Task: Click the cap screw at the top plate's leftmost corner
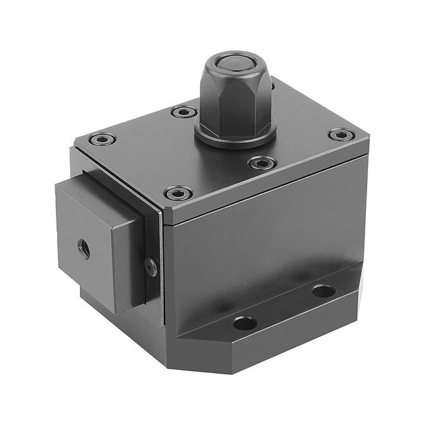[103, 138]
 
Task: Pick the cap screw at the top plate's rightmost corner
[341, 135]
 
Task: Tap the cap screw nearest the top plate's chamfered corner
[178, 193]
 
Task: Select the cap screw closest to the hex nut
[262, 162]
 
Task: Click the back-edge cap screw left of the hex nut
[184, 112]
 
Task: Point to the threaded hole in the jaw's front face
[84, 248]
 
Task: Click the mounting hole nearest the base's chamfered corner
[244, 322]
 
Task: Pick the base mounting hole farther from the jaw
[323, 290]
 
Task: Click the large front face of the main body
[260, 247]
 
